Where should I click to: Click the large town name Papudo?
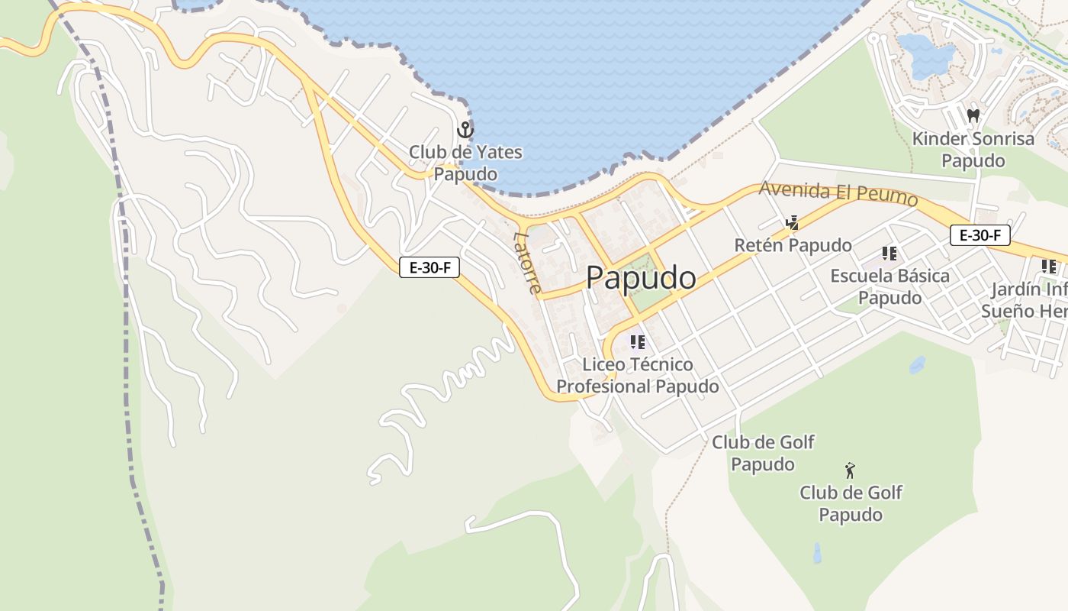coord(641,278)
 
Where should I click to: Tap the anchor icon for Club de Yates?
coord(465,131)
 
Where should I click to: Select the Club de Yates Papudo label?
coord(465,163)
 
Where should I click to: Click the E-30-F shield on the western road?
coord(429,267)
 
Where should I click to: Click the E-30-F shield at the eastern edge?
coord(980,235)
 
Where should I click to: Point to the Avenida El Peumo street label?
coord(838,193)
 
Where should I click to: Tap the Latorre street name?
coord(528,263)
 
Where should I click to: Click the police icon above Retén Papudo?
coord(793,223)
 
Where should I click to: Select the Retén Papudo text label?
coord(793,245)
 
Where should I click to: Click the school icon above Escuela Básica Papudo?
coord(889,253)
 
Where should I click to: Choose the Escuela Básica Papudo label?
coord(889,286)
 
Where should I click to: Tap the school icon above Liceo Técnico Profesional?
coord(638,342)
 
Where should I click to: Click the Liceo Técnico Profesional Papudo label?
coord(638,375)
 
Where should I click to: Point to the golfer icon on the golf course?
coord(850,470)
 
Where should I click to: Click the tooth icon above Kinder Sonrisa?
coord(973,116)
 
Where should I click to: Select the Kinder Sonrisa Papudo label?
coord(973,150)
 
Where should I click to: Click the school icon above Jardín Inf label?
coord(1049,267)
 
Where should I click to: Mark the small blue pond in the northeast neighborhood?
coord(926,57)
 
